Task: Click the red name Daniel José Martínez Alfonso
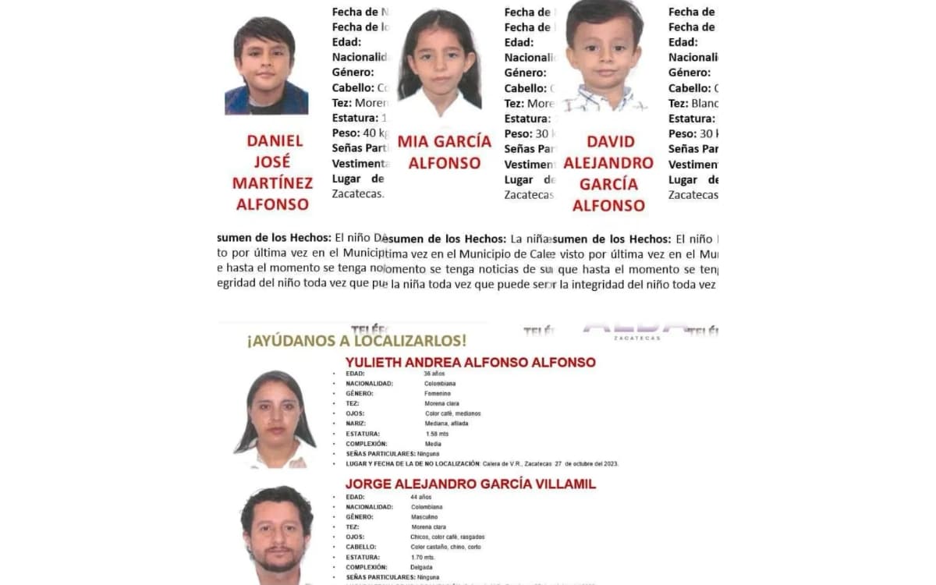[x=272, y=172]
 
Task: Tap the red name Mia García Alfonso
[x=445, y=152]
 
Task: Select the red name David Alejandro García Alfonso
[x=608, y=173]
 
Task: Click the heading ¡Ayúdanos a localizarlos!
[x=357, y=341]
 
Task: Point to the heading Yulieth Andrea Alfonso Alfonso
[x=470, y=363]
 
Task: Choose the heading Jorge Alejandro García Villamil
[x=470, y=484]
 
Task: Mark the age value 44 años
[x=420, y=497]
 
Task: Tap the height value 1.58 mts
[x=437, y=434]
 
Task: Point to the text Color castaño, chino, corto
[x=445, y=547]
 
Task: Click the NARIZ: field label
[x=356, y=424]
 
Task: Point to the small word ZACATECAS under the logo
[x=636, y=338]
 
